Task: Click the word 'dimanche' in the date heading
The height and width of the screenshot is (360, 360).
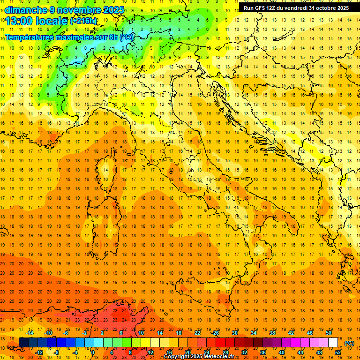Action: tap(23, 9)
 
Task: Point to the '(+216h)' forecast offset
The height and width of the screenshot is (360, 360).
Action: tap(83, 21)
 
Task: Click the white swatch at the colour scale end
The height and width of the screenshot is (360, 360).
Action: tap(333, 342)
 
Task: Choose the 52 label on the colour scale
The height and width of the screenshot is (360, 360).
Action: tap(338, 352)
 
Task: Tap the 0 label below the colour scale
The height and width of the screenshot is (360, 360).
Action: tap(93, 352)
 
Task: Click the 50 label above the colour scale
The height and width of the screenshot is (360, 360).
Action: tap(329, 333)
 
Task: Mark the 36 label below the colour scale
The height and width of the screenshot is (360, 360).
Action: tap(263, 352)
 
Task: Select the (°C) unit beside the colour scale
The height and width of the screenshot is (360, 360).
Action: tap(350, 343)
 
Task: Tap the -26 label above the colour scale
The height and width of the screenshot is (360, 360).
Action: tap(216, 333)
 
